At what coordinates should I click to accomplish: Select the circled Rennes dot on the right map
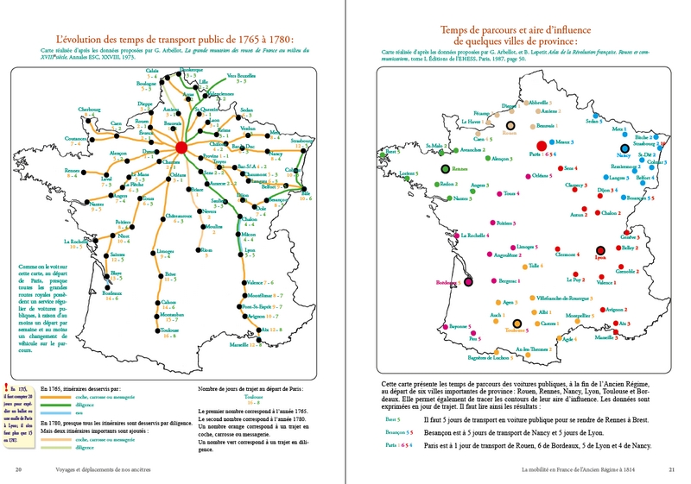tap(446, 170)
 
